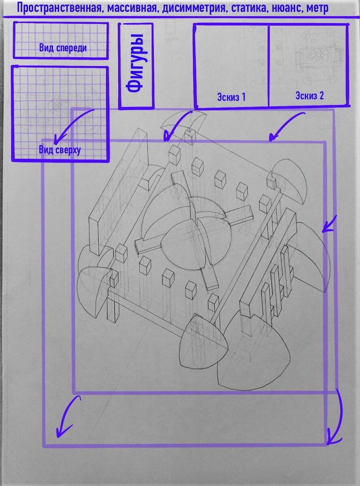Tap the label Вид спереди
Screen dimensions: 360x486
[x=63, y=48]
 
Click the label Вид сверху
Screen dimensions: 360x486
[x=60, y=150]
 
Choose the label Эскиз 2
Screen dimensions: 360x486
[x=309, y=96]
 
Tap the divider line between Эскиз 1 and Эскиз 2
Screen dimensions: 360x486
[x=268, y=65]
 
